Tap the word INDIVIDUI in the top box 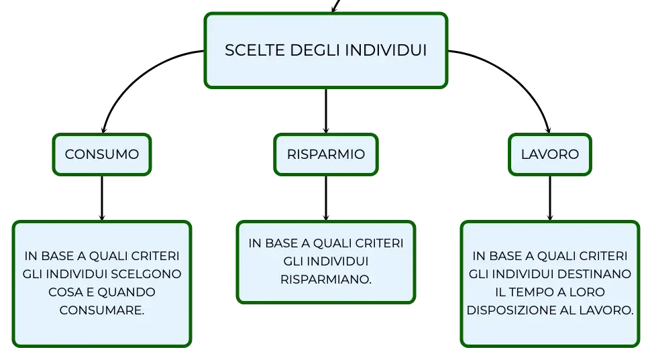coord(386,50)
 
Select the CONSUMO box coord(102,155)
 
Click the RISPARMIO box coord(326,155)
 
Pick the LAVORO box coord(550,155)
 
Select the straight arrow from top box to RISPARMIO coord(326,111)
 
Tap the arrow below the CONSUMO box coord(102,198)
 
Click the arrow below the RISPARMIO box coord(326,198)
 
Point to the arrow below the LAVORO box coord(550,198)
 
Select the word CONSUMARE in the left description coord(102,310)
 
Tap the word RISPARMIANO coord(326,280)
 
